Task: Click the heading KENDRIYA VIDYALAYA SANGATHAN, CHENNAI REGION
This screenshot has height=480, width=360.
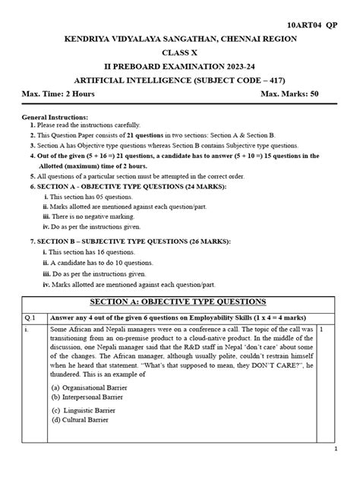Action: [180, 38]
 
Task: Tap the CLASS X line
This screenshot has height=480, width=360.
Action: [179, 53]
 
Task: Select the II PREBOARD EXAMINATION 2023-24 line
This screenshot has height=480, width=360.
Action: [180, 68]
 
